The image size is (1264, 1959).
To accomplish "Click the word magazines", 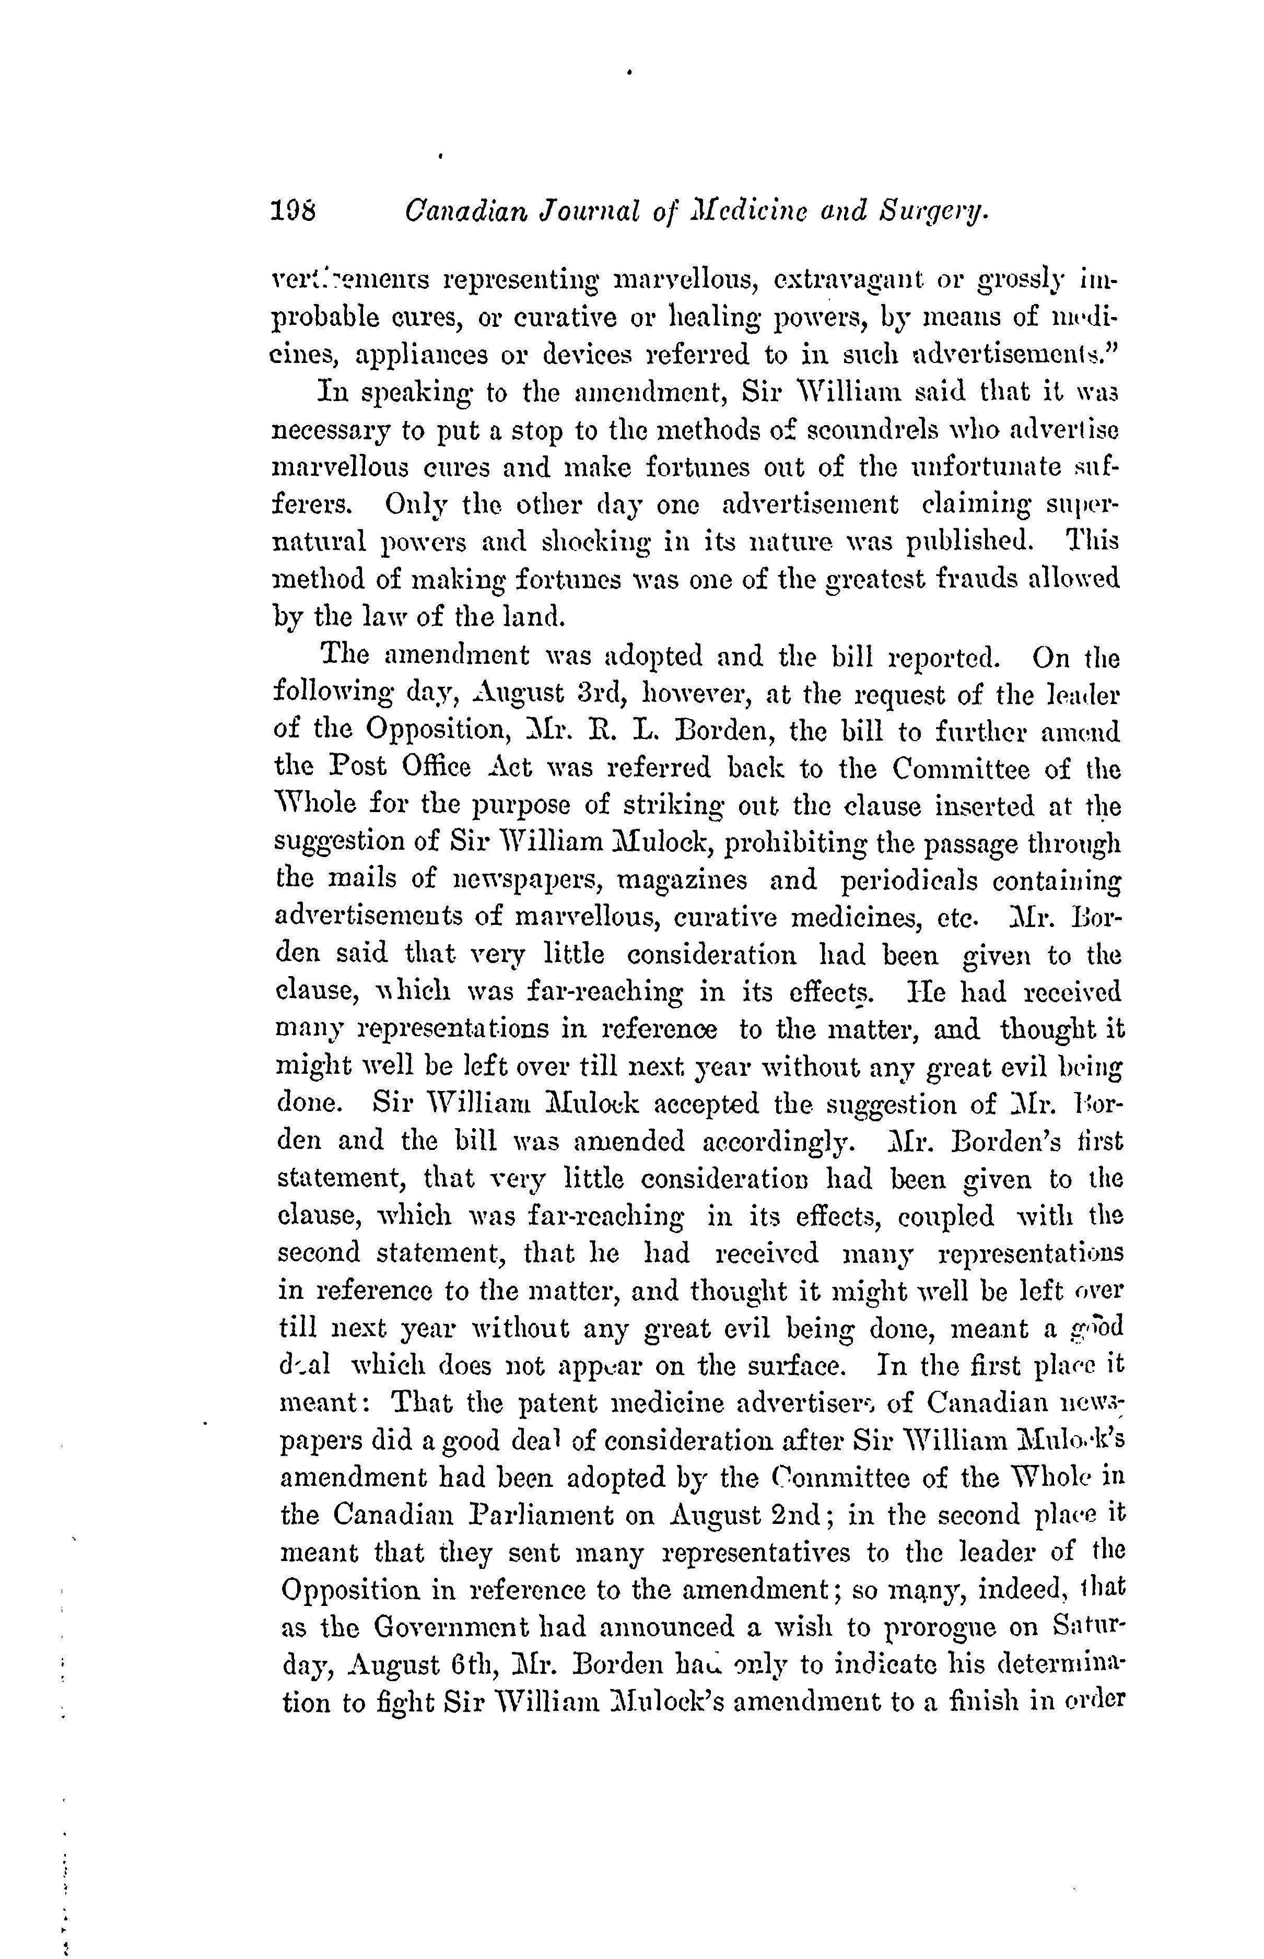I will [x=681, y=881].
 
